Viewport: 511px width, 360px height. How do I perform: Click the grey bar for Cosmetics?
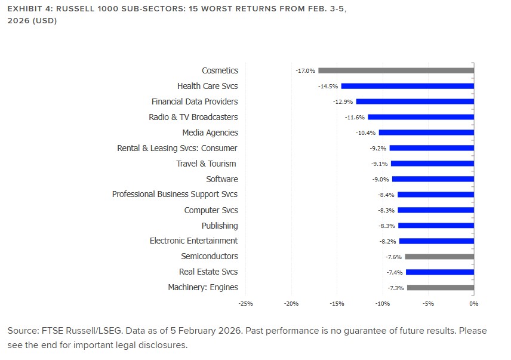pos(396,70)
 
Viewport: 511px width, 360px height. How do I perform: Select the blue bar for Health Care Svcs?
pos(407,86)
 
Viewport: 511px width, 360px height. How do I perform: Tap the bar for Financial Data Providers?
pos(415,101)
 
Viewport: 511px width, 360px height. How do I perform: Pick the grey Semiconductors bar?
pos(439,257)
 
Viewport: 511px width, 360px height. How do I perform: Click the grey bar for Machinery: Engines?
pos(440,288)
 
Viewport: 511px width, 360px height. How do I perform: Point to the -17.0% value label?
pos(305,70)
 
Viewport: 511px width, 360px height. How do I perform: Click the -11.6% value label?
pos(355,117)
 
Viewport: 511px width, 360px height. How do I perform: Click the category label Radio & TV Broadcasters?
pos(193,117)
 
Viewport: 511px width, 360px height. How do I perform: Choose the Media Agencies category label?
pos(210,133)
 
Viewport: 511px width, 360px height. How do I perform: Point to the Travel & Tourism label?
pos(206,164)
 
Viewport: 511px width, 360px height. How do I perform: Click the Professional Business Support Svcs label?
pos(174,195)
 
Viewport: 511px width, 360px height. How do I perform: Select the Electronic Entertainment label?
pos(193,241)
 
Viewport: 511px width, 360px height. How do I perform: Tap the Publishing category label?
pos(219,226)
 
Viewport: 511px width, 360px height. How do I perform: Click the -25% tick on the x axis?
pos(245,304)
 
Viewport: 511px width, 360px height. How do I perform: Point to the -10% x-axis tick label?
pos(382,304)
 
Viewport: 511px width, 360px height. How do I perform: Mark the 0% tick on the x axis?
pos(473,304)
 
